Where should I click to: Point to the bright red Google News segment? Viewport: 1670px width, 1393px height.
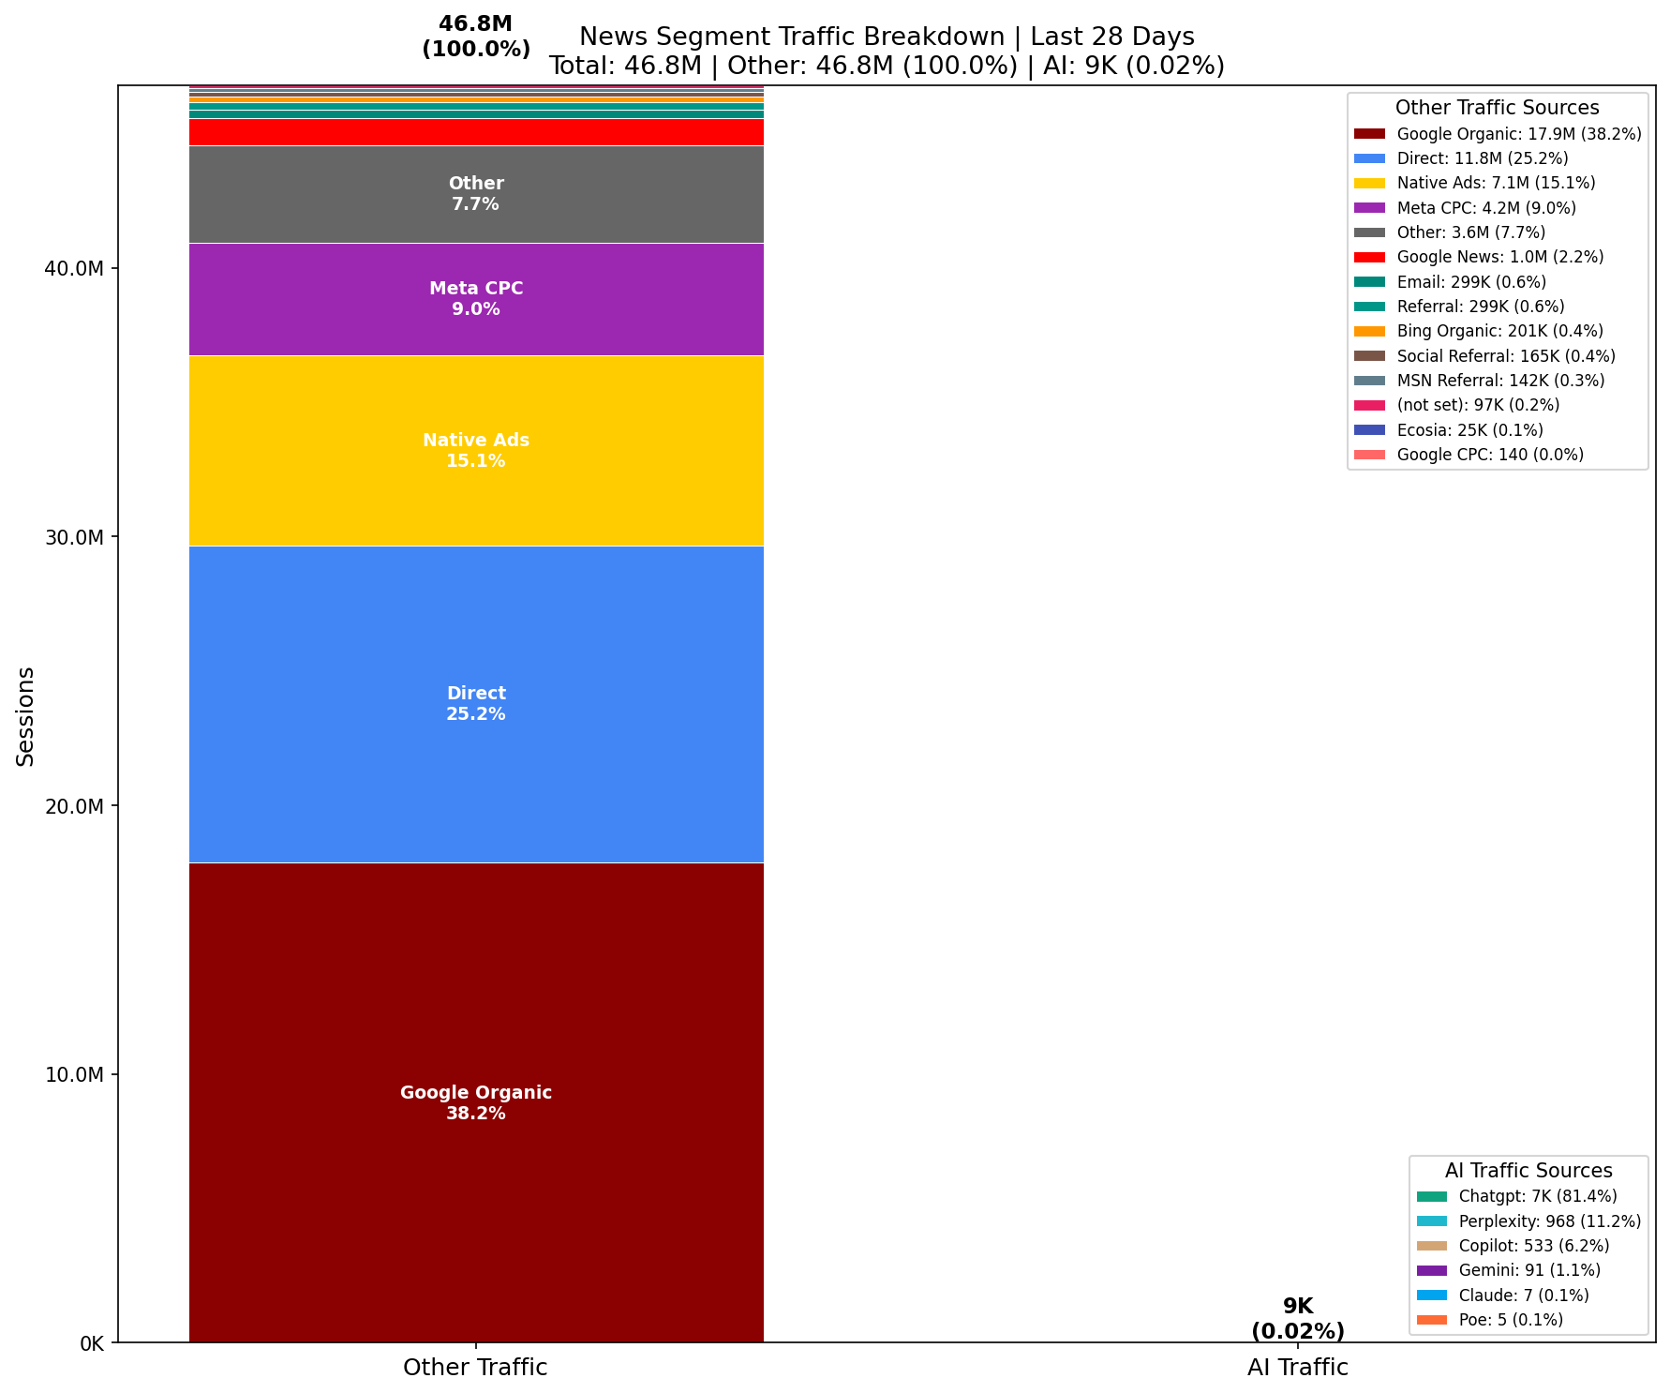coord(476,132)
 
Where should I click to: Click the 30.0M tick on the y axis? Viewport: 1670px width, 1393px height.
coord(74,537)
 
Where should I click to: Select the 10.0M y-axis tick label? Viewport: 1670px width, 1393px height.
coord(74,1074)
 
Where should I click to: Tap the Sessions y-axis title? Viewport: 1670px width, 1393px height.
coord(26,716)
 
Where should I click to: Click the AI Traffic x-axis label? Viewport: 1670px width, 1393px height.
coord(1297,1368)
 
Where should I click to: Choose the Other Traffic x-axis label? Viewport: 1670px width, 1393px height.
coord(475,1368)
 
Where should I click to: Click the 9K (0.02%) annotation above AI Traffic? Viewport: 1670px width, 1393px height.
coord(1297,1319)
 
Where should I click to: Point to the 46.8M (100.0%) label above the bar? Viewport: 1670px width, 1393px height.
coord(476,37)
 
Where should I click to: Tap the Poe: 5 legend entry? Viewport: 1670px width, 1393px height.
coord(1510,1321)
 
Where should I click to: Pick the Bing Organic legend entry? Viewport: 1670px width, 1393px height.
coord(1499,331)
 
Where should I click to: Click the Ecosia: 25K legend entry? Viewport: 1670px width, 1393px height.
coord(1469,430)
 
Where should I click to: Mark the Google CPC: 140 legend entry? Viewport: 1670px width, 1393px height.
coord(1489,455)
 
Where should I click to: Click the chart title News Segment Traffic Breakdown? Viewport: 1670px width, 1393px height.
coord(887,37)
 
